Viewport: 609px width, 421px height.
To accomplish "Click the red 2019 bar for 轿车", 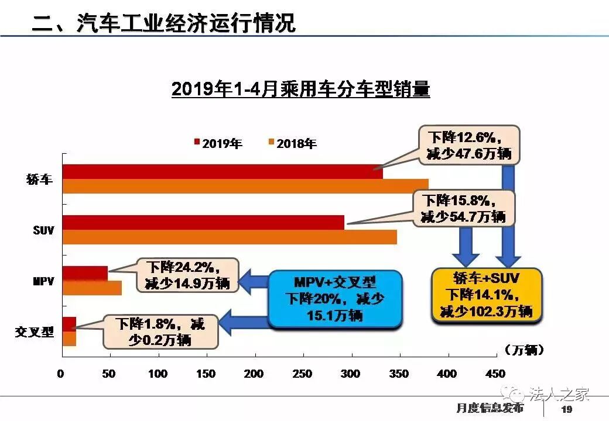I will coord(223,171).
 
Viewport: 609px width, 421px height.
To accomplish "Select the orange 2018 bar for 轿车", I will coord(245,186).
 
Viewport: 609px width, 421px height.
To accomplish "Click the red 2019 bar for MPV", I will coord(85,273).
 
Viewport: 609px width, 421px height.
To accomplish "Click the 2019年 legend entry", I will coord(218,143).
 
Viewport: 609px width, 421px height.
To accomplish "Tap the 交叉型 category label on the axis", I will coord(35,332).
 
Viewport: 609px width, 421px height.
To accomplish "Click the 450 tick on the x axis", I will coord(495,374).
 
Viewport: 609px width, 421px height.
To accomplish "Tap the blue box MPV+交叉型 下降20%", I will coord(336,298).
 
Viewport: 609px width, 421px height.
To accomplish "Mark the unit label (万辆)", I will coord(523,350).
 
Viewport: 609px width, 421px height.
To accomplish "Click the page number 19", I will coord(566,409).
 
